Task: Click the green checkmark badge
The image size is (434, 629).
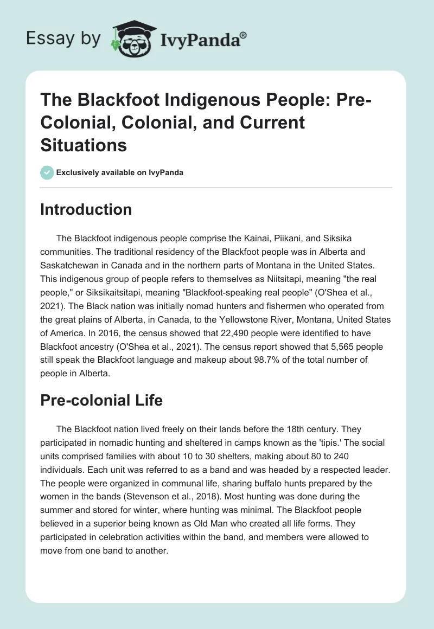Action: click(47, 172)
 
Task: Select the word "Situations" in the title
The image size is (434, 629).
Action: click(84, 145)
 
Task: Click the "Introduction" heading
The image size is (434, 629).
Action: click(86, 209)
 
